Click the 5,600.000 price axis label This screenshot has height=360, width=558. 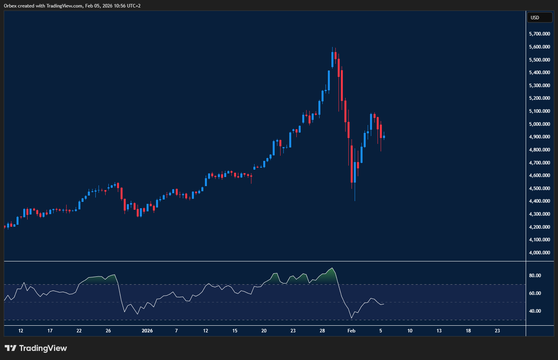click(x=539, y=47)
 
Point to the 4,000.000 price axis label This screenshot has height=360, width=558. click(x=539, y=253)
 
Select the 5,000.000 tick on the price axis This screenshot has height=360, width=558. click(x=539, y=124)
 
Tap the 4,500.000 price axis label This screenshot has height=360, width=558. click(x=539, y=188)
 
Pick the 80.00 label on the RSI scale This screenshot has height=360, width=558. click(x=535, y=276)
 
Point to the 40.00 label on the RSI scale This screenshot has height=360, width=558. click(x=535, y=311)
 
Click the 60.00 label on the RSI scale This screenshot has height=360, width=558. click(x=535, y=293)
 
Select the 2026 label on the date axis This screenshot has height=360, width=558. click(x=147, y=331)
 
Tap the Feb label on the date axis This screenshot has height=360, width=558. click(x=352, y=331)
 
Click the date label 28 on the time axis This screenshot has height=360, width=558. click(x=322, y=331)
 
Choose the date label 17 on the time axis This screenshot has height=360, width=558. click(x=50, y=331)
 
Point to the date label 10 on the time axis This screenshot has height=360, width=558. click(x=410, y=331)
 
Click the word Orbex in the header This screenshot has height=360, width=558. click(x=10, y=6)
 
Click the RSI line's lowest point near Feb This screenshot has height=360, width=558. click(x=352, y=318)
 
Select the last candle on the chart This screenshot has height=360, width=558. click(x=384, y=137)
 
